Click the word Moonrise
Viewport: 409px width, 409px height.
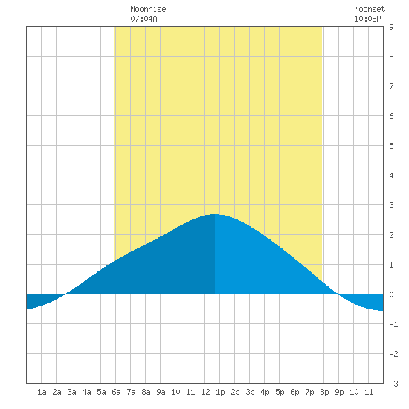point(148,10)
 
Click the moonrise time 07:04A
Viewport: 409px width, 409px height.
point(144,19)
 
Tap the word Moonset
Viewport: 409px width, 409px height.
point(370,10)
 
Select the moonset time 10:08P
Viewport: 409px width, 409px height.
point(367,19)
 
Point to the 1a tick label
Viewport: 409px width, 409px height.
point(42,392)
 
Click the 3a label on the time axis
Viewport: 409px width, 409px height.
point(71,392)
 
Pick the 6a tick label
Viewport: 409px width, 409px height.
point(116,392)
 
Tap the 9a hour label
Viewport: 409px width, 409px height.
point(161,392)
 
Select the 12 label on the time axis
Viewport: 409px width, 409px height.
point(205,392)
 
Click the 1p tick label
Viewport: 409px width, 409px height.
point(220,392)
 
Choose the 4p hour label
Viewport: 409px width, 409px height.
point(265,392)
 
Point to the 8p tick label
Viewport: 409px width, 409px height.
point(324,392)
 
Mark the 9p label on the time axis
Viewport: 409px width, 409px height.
point(339,392)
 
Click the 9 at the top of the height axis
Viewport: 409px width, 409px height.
point(391,27)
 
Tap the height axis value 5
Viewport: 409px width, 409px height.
point(391,146)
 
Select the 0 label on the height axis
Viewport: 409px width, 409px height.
point(391,294)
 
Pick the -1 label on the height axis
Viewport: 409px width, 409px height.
point(393,324)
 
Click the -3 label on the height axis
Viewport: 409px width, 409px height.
point(393,384)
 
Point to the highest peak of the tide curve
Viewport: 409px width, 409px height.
point(215,214)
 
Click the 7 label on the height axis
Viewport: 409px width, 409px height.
point(391,86)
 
